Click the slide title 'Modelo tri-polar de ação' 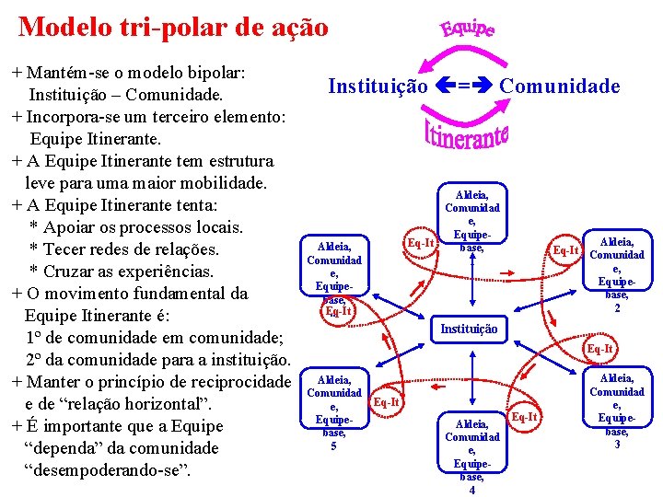tap(173, 27)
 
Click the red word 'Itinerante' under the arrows tap(467, 135)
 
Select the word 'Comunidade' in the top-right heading tap(560, 87)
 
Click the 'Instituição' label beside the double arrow tap(378, 87)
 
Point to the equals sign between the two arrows tap(465, 87)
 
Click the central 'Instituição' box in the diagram tap(469, 329)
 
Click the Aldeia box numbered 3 tap(617, 410)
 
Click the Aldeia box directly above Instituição tap(471, 222)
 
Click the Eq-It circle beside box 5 tap(387, 401)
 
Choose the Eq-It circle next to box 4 tap(524, 418)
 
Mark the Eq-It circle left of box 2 tap(564, 249)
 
